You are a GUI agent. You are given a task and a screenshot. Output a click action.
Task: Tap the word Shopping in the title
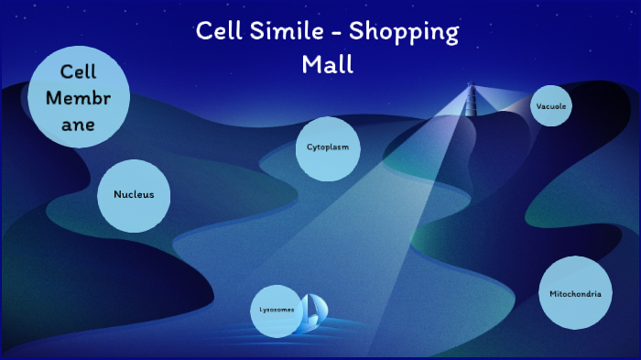click(x=413, y=32)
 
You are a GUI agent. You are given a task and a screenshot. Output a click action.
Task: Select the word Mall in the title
click(x=327, y=65)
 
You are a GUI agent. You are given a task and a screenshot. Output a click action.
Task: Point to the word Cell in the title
click(x=218, y=32)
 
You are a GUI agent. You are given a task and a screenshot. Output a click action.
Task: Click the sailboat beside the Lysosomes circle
click(x=316, y=312)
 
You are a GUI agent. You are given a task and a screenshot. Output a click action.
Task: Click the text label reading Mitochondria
click(x=575, y=294)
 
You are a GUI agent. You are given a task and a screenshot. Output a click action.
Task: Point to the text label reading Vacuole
click(x=551, y=107)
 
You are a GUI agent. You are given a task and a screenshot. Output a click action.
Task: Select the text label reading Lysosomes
click(x=277, y=311)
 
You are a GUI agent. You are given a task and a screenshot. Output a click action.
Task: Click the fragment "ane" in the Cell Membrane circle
click(x=78, y=125)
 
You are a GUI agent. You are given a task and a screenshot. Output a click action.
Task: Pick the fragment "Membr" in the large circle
click(x=78, y=98)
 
